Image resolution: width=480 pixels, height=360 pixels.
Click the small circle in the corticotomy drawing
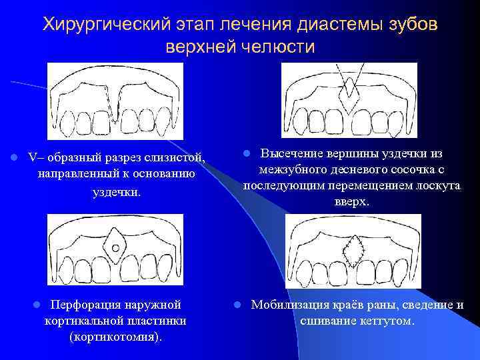pos(115,248)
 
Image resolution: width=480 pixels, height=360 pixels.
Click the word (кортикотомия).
pos(115,337)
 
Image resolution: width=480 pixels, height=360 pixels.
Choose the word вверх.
pos(351,201)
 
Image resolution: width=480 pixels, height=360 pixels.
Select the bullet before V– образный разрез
pos(13,158)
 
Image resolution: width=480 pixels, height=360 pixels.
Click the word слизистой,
pos(172,157)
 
